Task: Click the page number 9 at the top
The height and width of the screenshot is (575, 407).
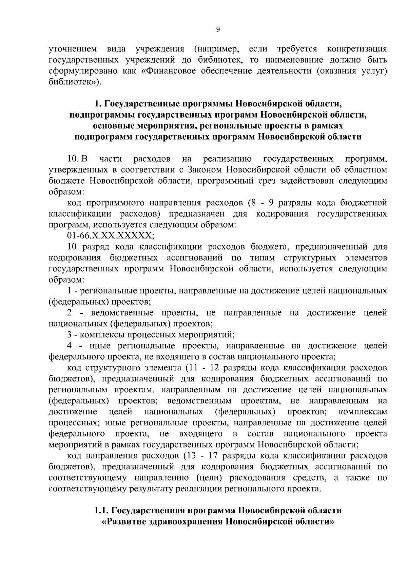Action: click(x=218, y=29)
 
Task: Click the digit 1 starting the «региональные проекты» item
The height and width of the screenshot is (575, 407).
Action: click(x=70, y=291)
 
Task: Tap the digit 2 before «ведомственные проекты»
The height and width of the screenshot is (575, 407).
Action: click(x=70, y=313)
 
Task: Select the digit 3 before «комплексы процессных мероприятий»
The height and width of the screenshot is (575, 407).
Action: click(x=70, y=335)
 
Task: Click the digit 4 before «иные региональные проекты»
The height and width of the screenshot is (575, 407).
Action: click(x=70, y=346)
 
